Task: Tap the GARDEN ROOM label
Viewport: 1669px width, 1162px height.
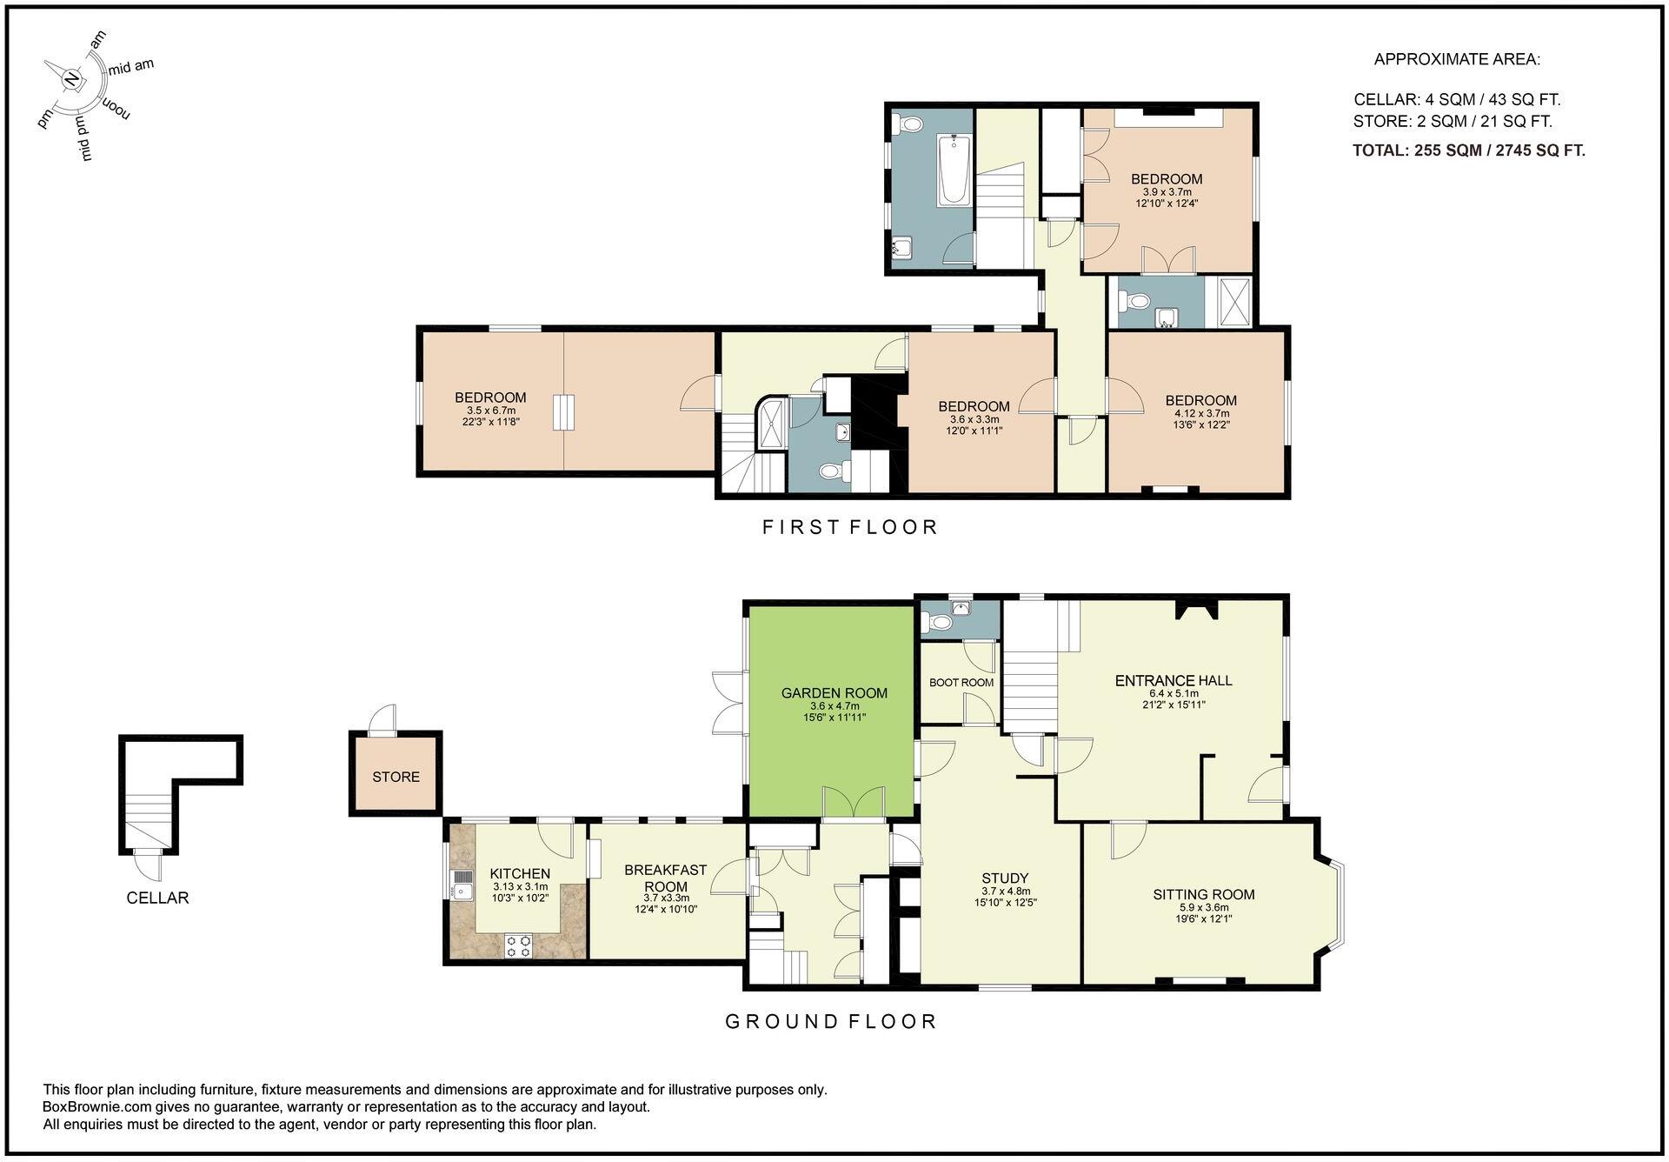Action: [834, 693]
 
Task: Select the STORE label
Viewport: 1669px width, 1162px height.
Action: [396, 777]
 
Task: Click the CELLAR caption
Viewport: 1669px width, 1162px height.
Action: [157, 898]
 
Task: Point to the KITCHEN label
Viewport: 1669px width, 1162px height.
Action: [520, 873]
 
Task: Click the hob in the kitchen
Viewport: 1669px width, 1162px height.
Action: [518, 945]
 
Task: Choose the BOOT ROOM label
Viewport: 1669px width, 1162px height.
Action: [961, 683]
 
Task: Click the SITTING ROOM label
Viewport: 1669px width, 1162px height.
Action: [1204, 894]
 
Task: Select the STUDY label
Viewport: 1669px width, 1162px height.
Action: [1005, 878]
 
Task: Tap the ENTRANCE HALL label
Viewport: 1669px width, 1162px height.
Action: [1174, 681]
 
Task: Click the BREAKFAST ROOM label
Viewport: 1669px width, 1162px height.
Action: [666, 878]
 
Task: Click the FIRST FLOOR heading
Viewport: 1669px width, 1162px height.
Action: [850, 527]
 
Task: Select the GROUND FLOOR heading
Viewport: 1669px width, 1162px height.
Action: [831, 1021]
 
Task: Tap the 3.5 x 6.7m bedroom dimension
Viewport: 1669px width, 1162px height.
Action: [491, 411]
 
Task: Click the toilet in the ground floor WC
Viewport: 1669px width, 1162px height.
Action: [938, 622]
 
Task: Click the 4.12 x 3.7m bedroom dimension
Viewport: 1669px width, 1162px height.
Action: [1201, 414]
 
